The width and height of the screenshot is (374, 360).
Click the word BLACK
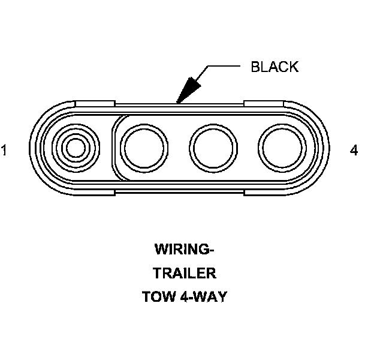274,67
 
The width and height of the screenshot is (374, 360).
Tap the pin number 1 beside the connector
5,151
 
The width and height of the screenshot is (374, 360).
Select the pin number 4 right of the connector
354,151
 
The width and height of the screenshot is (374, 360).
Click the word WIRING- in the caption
184,249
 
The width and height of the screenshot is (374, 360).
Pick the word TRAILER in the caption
184,273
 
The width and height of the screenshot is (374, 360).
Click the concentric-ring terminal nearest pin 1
75,148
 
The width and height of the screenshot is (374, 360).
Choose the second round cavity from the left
144,148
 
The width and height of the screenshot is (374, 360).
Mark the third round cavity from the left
213,148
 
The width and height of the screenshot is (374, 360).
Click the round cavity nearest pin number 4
280,148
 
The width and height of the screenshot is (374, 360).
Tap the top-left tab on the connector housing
96,103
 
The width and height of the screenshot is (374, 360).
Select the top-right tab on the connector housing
264,103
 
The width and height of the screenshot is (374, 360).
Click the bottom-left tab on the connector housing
96,193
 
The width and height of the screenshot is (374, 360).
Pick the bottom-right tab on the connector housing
264,193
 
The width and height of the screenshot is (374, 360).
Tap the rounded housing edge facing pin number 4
327,148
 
